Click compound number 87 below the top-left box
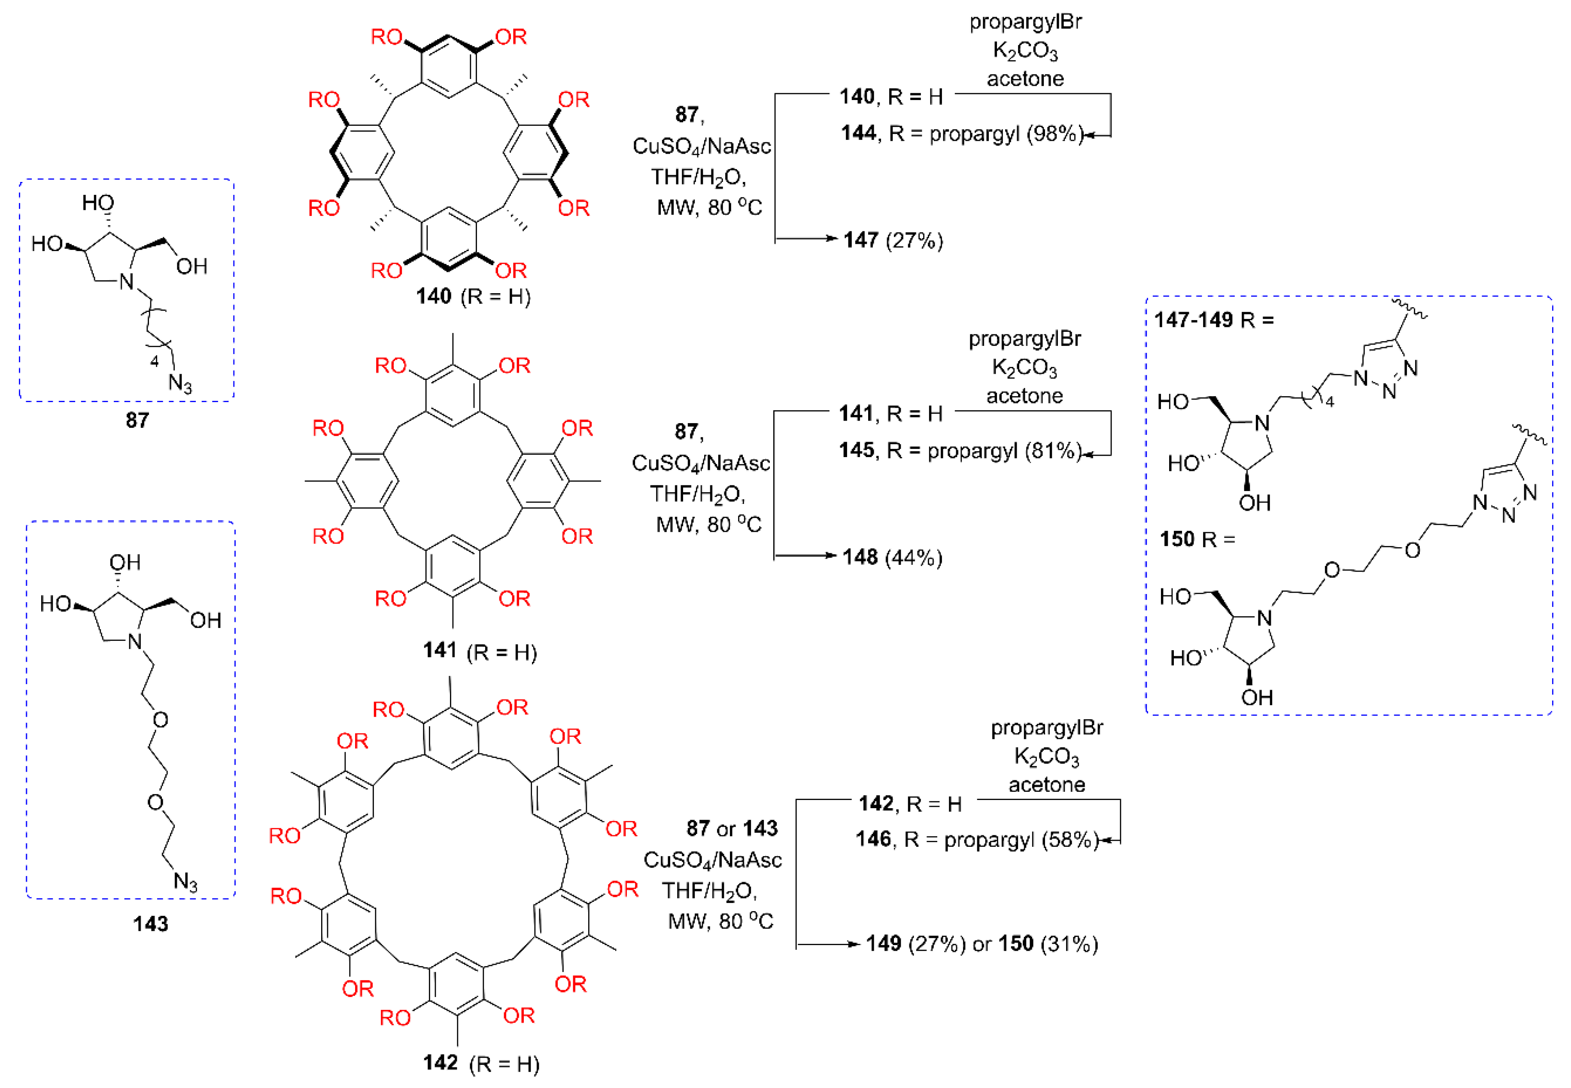(x=137, y=420)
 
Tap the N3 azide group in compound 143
(x=185, y=882)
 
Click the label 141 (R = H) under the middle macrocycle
(x=479, y=651)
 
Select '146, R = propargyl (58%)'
(x=977, y=839)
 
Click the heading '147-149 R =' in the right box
(x=1213, y=320)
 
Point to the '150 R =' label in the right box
(x=1197, y=539)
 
